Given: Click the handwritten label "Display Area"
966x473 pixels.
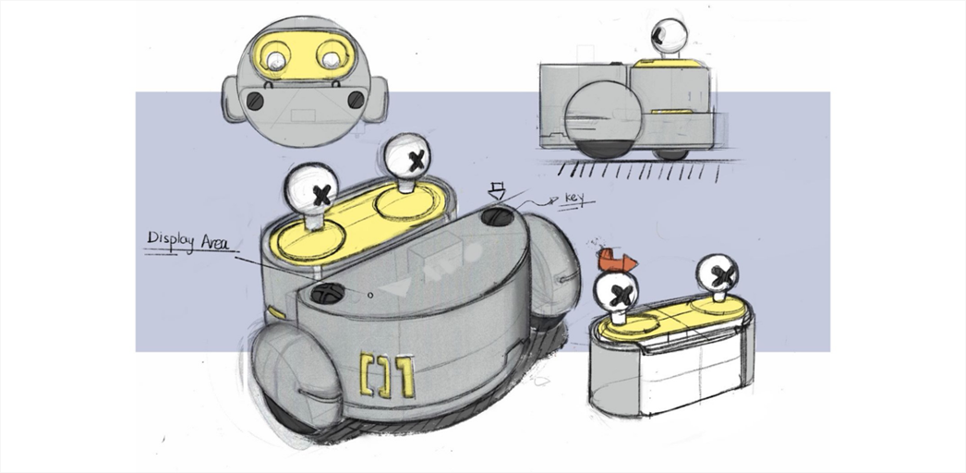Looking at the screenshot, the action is click(x=187, y=241).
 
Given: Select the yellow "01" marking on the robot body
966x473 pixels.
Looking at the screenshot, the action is click(x=388, y=376).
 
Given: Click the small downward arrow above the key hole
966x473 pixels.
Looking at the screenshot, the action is click(x=496, y=191).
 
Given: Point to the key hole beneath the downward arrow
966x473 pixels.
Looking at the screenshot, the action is click(x=498, y=217).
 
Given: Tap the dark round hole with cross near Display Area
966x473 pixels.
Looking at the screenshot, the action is click(x=327, y=294).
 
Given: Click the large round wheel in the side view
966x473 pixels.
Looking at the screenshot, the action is click(x=604, y=119).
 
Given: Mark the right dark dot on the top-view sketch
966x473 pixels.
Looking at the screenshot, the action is click(x=356, y=100).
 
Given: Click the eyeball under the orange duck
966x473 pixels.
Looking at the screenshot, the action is click(x=616, y=291).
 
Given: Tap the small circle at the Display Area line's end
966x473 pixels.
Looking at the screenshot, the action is click(x=370, y=295).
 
